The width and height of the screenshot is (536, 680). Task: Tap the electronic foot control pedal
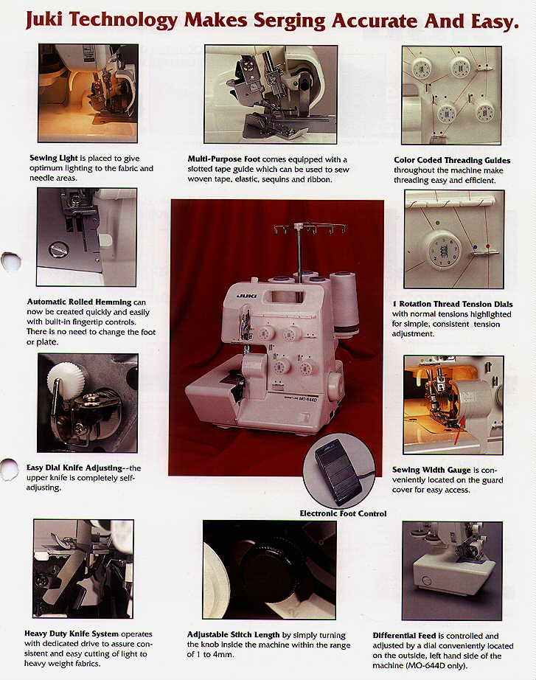(x=338, y=471)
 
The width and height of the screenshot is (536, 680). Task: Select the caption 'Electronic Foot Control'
(x=343, y=513)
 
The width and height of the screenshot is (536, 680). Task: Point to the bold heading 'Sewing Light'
(x=53, y=158)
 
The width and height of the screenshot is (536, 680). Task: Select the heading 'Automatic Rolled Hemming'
(x=79, y=302)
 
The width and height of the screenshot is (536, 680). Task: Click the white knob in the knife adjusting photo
(x=62, y=378)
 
